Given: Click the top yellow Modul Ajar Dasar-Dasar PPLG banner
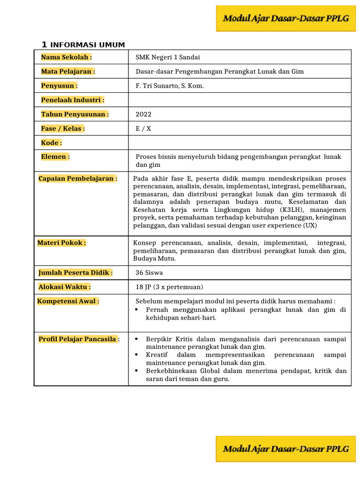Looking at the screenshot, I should click(x=286, y=19).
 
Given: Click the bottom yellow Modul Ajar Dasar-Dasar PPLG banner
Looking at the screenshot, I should click(x=286, y=449).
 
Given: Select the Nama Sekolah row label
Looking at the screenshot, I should click(x=66, y=57).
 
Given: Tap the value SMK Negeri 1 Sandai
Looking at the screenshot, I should click(x=167, y=57).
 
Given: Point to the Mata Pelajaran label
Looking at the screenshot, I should click(x=68, y=71).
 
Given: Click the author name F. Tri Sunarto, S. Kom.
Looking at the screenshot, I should click(x=170, y=86).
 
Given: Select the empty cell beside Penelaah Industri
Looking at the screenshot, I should click(x=239, y=100).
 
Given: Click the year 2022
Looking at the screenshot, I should click(x=143, y=114).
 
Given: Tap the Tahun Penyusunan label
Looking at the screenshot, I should click(x=75, y=114).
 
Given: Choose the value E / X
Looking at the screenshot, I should click(x=143, y=128).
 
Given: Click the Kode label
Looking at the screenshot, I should click(x=52, y=142).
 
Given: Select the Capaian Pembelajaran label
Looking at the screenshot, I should click(x=77, y=179).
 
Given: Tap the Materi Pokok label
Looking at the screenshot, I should click(x=61, y=242).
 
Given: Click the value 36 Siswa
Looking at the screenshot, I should click(x=149, y=272).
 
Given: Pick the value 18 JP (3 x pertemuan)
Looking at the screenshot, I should click(x=169, y=287).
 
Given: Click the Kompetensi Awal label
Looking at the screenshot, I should click(x=68, y=301).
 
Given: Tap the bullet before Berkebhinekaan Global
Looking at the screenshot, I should click(x=136, y=371).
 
